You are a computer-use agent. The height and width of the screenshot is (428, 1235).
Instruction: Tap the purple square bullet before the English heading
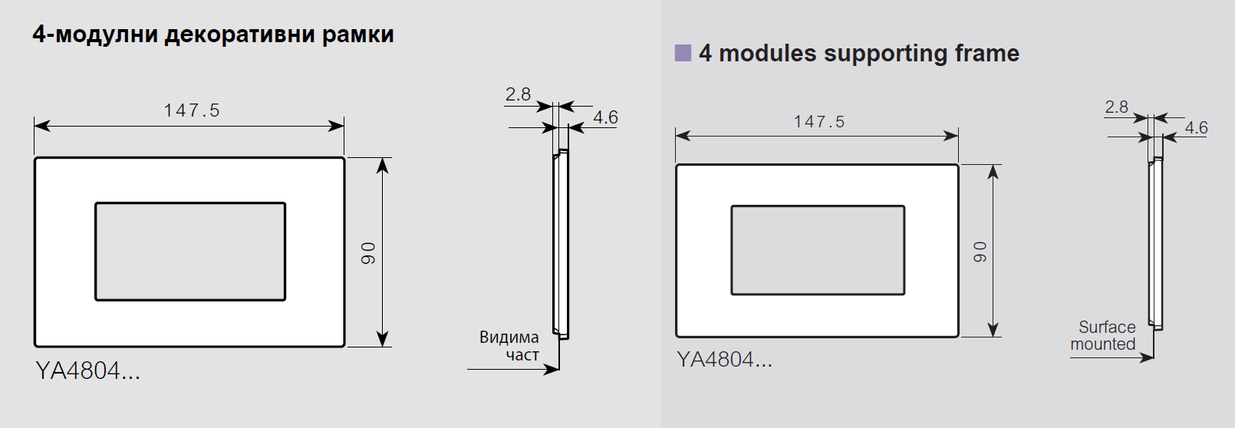(683, 53)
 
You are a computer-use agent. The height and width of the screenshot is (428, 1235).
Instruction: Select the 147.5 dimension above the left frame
(191, 111)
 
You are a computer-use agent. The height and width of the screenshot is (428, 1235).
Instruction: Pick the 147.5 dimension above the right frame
(818, 122)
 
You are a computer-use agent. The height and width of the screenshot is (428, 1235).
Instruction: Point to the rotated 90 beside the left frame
(368, 253)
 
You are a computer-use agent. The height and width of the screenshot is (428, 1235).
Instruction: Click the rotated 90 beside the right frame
(980, 252)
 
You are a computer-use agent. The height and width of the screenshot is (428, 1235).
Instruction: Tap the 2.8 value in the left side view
(518, 94)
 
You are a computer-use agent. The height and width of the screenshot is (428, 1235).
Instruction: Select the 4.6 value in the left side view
(605, 117)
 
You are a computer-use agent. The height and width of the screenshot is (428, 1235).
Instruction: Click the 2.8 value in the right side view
(1116, 107)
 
